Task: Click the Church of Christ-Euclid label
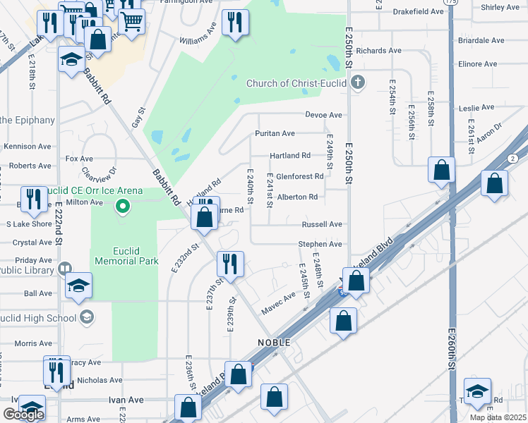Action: (x=296, y=83)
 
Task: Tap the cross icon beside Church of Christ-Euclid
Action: (x=358, y=83)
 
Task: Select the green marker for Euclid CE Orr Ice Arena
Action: (x=123, y=207)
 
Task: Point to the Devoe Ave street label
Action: (x=323, y=115)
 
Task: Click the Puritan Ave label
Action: (x=275, y=133)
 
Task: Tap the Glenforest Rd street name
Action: (x=299, y=176)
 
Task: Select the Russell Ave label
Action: (x=322, y=224)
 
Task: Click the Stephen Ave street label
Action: (x=320, y=244)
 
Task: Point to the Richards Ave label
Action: (x=378, y=51)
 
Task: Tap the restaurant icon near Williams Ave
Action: (x=235, y=23)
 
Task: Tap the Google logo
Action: (x=23, y=415)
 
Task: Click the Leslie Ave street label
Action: (x=476, y=108)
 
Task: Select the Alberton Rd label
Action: (x=297, y=197)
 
